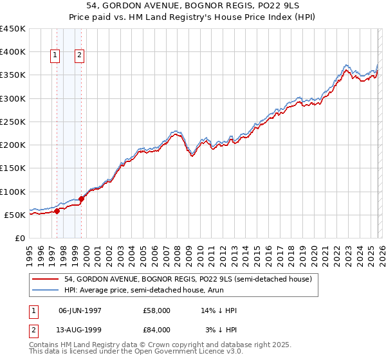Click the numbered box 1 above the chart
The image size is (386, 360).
(55, 56)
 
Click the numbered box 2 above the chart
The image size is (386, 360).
(79, 56)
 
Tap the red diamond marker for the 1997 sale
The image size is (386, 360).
(57, 210)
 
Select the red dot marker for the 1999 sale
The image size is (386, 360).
(82, 199)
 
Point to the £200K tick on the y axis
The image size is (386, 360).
(14, 145)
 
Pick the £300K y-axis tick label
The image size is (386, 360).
(14, 98)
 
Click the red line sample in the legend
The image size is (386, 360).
(46, 279)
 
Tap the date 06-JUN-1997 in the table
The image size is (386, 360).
(84, 310)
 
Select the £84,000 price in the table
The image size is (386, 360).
(156, 330)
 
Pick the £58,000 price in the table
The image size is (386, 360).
(156, 310)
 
